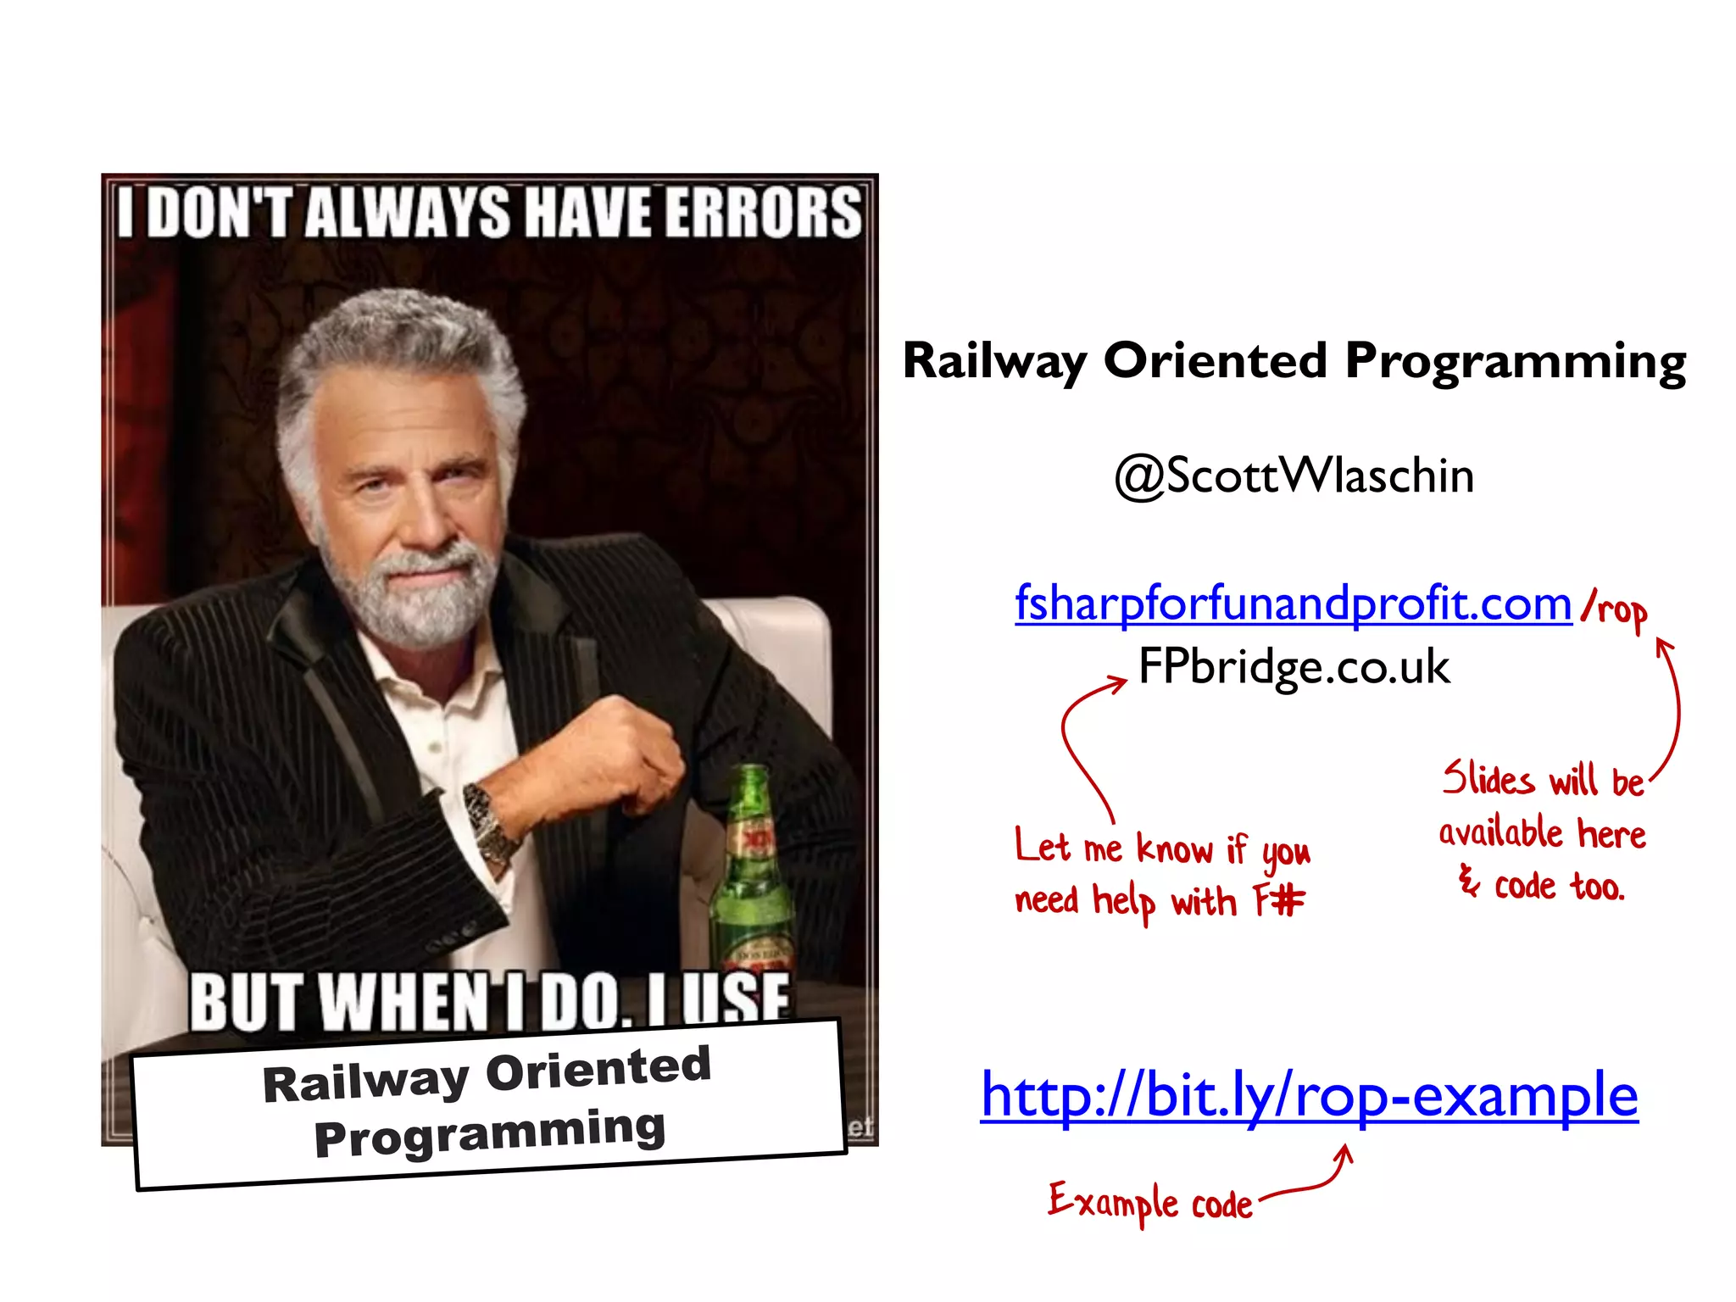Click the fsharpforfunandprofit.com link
pyautogui.click(x=1293, y=604)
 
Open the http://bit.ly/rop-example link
pyautogui.click(x=1309, y=1094)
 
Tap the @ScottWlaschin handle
pyautogui.click(x=1294, y=475)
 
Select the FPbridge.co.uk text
pyautogui.click(x=1294, y=666)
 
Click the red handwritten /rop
pyautogui.click(x=1614, y=610)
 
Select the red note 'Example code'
pyautogui.click(x=1150, y=1202)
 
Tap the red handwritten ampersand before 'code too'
pyautogui.click(x=1468, y=882)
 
